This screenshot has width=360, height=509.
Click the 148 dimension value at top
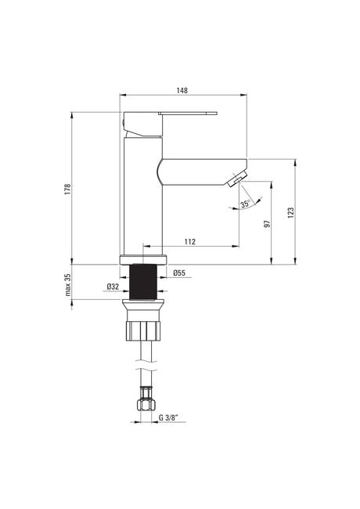coord(182,90)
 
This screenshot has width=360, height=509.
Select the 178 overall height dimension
coord(67,189)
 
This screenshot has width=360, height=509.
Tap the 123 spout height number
coord(291,212)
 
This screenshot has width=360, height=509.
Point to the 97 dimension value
coord(267,224)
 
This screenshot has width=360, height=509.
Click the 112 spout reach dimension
coord(189,241)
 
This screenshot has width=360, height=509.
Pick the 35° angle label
coord(245,204)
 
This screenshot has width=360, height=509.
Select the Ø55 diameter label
coord(179,273)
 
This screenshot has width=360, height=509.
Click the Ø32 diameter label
coord(113,287)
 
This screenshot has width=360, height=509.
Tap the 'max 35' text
coord(67,285)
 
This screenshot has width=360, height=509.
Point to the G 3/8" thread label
coord(169,417)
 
